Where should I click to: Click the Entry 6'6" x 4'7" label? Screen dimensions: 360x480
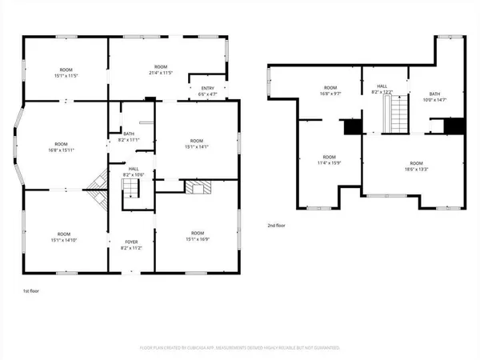point(207,92)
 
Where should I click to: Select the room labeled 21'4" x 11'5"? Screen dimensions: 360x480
point(161,70)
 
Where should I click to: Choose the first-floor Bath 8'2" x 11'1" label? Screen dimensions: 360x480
point(128,137)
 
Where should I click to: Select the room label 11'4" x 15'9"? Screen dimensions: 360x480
point(329,160)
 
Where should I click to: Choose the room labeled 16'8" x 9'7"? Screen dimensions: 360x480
point(330,90)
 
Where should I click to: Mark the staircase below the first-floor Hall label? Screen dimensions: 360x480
point(130,190)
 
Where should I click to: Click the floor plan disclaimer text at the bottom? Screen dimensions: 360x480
point(240,348)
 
